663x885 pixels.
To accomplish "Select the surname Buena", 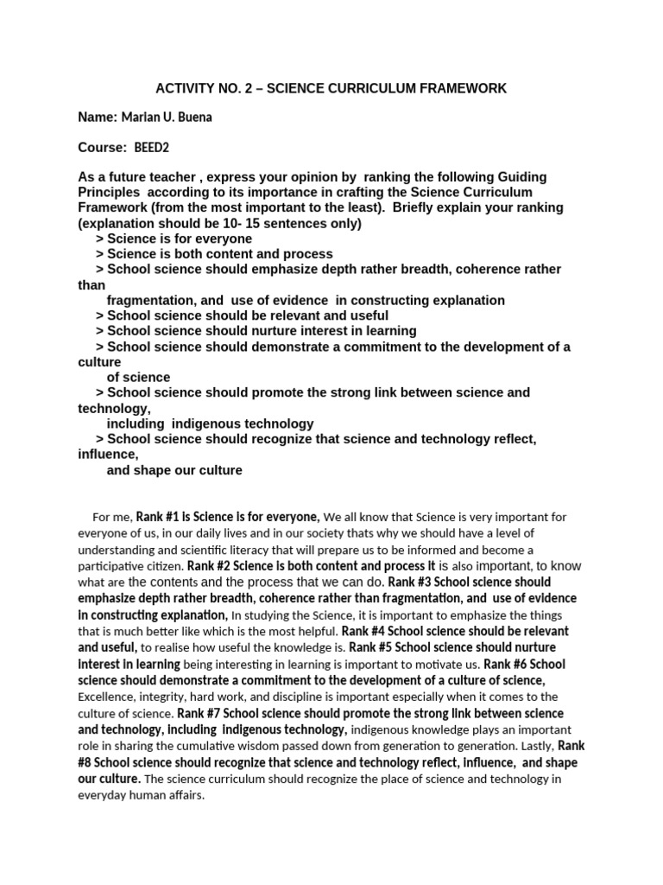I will coord(193,118).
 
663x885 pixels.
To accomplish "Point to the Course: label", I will coord(102,148).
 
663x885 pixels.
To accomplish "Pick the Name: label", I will coord(98,118).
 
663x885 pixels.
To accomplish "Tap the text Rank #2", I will coord(210,566).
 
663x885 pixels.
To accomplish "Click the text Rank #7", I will coord(201,713).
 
